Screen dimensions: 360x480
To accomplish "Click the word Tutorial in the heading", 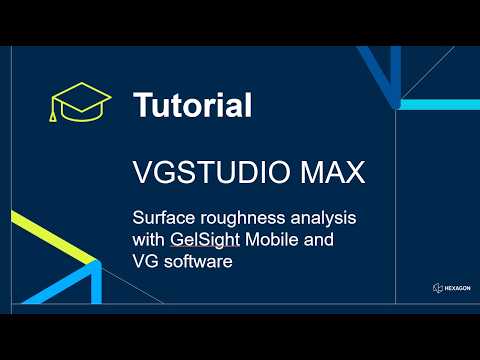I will tap(192, 104).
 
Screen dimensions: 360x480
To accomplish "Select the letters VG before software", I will tap(147, 263).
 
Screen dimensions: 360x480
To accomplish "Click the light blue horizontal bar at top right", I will tap(440, 102).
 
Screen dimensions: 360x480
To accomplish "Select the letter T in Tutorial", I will tap(142, 104).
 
